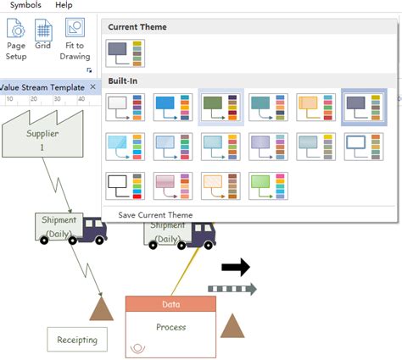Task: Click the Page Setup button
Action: (x=17, y=40)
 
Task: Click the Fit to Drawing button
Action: (x=75, y=40)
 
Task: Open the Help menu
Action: (x=64, y=5)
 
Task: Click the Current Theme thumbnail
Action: (x=126, y=54)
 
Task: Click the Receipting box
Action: (x=77, y=340)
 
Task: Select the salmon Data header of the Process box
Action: (x=170, y=304)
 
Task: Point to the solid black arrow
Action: (x=235, y=268)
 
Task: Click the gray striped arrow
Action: (x=232, y=290)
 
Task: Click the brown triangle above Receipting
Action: (x=102, y=308)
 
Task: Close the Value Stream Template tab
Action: (x=92, y=87)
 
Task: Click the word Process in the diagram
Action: (x=171, y=327)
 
